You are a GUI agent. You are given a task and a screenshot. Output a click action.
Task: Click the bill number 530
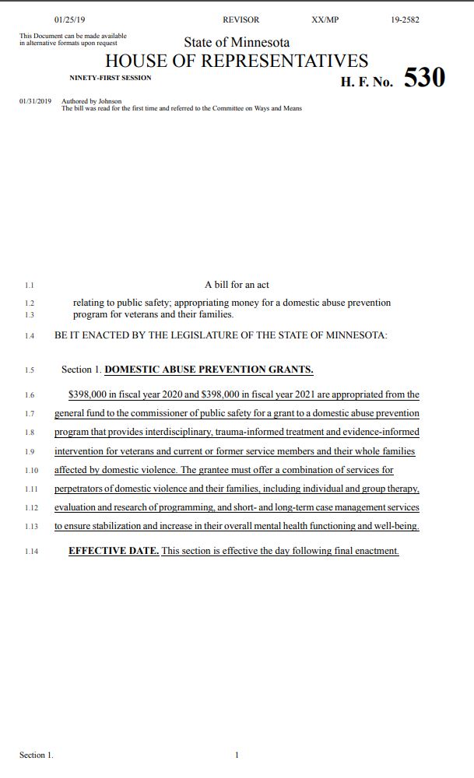[424, 78]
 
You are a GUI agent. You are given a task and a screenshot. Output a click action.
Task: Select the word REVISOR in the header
[241, 19]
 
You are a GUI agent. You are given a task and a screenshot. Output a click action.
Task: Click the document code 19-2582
[406, 19]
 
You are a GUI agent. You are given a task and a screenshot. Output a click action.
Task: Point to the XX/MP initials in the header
[325, 19]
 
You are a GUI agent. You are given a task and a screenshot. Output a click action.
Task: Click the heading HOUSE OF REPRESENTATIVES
[237, 61]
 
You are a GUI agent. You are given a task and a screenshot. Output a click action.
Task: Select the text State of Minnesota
[237, 42]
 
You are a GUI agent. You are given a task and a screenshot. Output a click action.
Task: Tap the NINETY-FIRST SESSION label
[111, 78]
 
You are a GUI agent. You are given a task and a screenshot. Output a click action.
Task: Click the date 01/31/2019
[35, 101]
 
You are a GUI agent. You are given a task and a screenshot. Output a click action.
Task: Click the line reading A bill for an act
[237, 285]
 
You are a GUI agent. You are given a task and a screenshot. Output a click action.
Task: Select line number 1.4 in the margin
[30, 336]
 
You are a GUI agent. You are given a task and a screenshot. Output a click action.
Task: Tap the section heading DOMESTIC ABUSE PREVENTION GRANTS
[209, 370]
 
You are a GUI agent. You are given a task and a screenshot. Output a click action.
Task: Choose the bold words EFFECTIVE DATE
[114, 551]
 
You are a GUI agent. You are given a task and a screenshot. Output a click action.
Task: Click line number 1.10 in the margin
[31, 470]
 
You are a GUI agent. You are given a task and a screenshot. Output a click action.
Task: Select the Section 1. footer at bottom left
[37, 755]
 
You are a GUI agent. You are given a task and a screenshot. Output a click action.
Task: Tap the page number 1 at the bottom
[237, 755]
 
